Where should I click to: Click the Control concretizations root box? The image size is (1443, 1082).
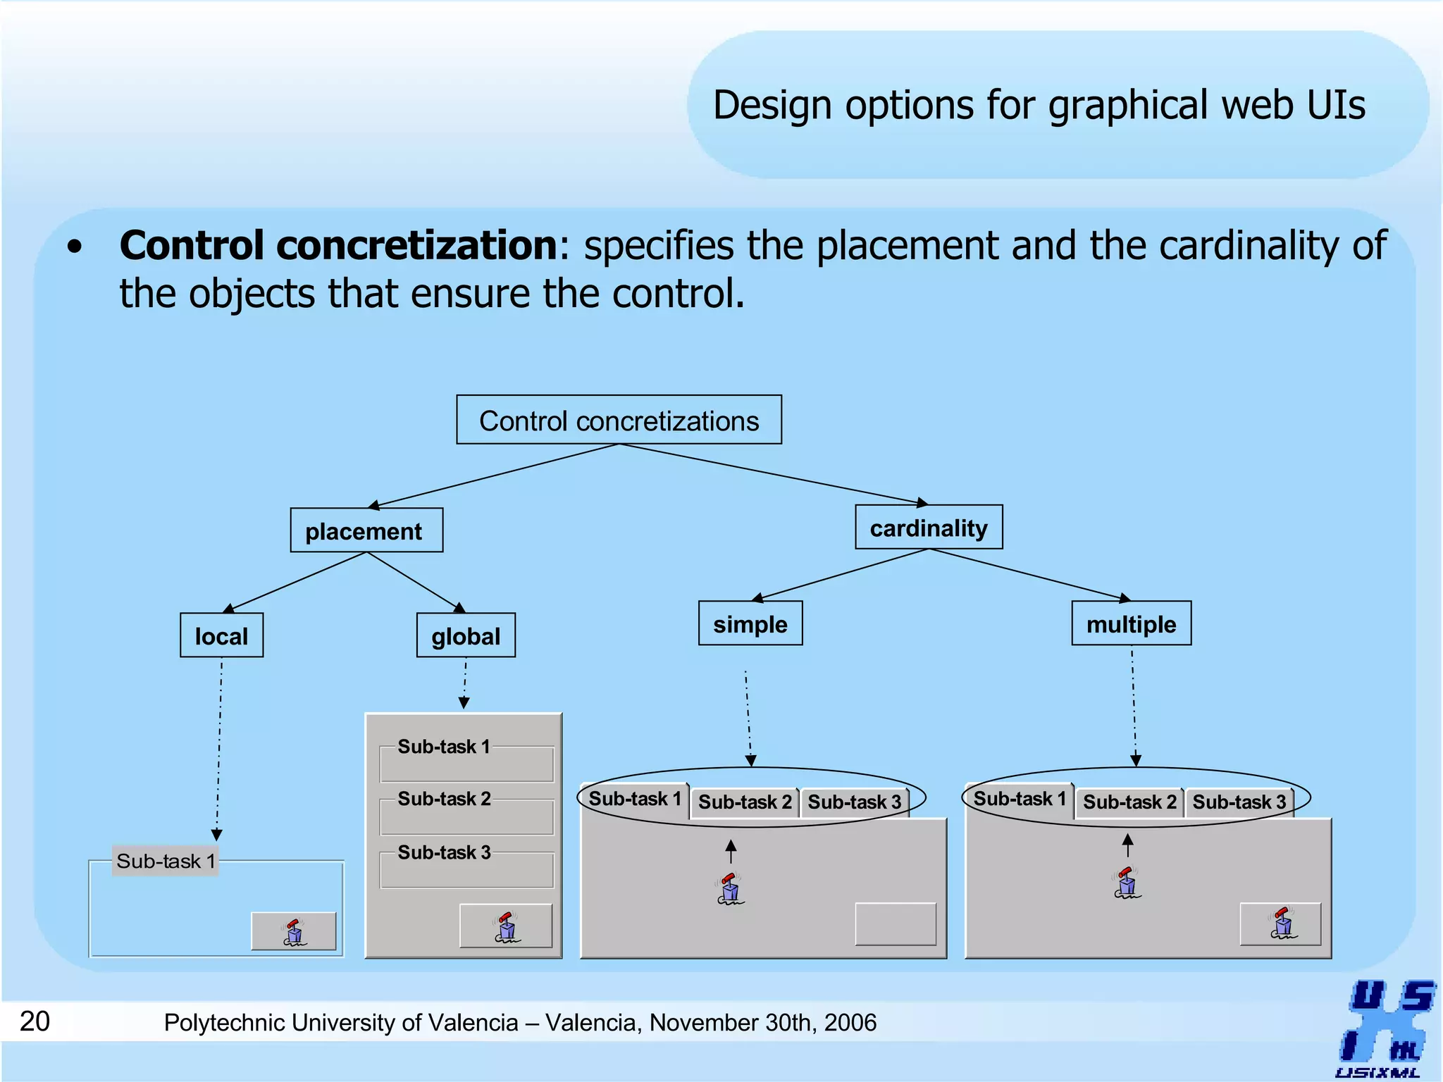point(619,420)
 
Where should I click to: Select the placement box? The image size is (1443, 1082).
point(366,530)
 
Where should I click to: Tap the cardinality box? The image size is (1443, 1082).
point(929,527)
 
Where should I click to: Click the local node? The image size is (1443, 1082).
point(221,635)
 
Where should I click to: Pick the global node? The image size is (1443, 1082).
point(466,635)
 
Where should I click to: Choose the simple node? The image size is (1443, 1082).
point(750,623)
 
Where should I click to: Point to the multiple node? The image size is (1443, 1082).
point(1132,623)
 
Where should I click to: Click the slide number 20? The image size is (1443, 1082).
point(35,1021)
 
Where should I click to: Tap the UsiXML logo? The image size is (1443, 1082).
point(1385,1028)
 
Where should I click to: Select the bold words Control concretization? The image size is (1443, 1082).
point(338,245)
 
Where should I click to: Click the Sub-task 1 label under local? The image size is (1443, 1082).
point(166,861)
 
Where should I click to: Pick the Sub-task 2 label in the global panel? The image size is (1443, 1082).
point(444,799)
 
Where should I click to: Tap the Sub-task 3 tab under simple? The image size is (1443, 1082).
point(854,802)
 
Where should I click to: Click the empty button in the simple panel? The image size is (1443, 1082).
point(896,924)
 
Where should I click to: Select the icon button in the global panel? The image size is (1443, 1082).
point(506,926)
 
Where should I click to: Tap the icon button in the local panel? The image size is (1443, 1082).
point(294,931)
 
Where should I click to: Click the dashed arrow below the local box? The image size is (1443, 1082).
point(219,747)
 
